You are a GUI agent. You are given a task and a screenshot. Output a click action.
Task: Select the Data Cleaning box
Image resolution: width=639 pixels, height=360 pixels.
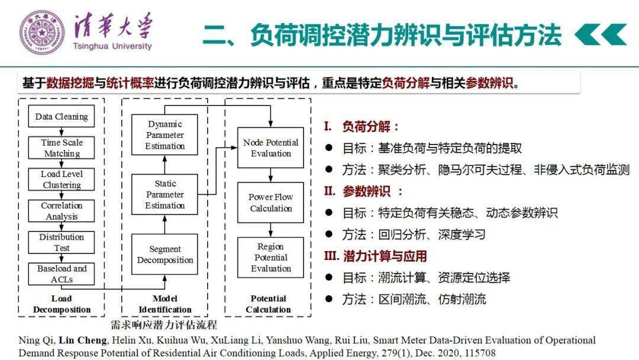62,116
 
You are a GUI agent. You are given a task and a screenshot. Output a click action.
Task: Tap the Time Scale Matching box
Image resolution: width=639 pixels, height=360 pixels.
62,148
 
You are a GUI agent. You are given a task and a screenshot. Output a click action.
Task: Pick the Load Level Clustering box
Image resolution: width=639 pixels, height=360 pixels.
62,179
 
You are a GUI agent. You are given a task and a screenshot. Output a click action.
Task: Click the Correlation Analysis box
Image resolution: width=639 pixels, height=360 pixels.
62,211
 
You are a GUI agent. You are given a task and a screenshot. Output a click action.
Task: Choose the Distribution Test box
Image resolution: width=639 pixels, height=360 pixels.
62,242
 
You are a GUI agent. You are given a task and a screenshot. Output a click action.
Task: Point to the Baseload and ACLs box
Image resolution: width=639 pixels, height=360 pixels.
62,274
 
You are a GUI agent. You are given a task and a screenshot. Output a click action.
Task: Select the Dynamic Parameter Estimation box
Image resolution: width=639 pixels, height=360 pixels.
164,135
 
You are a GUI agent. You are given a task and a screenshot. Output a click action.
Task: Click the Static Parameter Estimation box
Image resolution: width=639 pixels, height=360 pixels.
164,195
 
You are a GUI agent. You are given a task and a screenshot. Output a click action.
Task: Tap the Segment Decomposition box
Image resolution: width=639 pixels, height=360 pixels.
164,255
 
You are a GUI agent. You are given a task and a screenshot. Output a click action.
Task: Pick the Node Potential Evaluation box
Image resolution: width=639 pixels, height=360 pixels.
270,148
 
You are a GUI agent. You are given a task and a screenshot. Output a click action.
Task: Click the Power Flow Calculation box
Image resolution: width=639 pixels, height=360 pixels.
270,202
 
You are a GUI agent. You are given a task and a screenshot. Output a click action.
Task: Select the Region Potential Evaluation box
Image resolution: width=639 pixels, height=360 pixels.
270,258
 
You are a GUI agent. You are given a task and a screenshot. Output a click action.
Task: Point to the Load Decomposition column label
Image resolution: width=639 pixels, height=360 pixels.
62,304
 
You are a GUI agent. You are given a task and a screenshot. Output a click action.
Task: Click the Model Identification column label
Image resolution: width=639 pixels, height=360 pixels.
164,304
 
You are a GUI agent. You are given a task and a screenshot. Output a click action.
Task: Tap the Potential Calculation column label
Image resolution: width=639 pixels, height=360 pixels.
268,304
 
